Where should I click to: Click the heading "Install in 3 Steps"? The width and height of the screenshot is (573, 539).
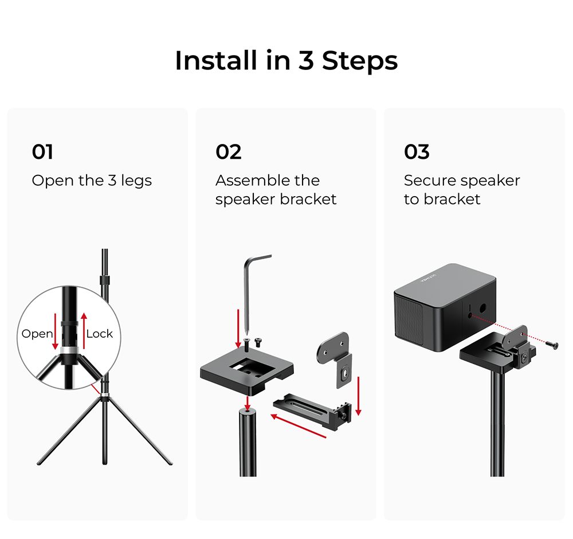[286, 61]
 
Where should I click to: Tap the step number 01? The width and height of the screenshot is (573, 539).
[42, 152]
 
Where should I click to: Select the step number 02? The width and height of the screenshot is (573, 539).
[228, 152]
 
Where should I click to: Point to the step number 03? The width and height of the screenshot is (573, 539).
[416, 152]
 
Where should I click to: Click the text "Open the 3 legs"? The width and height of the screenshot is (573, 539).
[92, 181]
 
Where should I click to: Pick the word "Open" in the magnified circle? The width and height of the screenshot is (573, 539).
[37, 334]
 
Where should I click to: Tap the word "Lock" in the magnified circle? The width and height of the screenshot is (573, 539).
[100, 334]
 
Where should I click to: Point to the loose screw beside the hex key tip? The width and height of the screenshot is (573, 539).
[257, 342]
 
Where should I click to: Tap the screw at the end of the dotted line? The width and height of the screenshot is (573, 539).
[552, 343]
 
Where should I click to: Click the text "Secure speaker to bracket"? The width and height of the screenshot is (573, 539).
[461, 190]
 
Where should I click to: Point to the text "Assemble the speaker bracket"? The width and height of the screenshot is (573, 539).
[276, 190]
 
